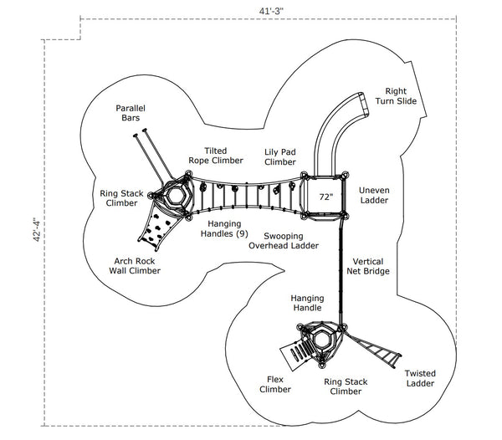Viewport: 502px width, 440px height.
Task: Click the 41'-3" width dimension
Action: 271,9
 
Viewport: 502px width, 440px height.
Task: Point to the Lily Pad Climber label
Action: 280,156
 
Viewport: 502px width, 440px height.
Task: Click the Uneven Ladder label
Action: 375,195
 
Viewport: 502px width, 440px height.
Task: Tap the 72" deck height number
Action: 325,197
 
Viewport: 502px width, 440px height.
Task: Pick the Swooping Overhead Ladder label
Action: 283,241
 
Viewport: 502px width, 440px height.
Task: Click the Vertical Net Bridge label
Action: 371,266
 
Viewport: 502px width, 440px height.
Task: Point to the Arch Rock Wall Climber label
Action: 136,265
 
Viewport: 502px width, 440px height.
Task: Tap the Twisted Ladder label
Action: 419,378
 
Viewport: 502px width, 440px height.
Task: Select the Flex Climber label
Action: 274,384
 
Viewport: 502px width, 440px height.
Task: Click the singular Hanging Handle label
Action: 307,303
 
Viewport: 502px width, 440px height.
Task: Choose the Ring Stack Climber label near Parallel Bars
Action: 119,197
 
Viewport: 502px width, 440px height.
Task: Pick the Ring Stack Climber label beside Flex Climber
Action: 345,386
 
